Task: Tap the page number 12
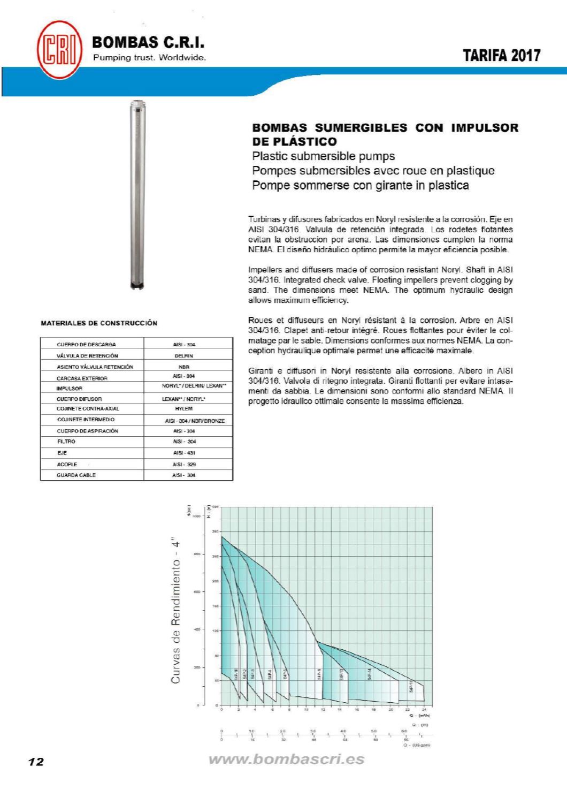click(36, 762)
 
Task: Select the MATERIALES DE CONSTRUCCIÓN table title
click(99, 323)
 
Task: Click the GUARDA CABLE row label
click(76, 475)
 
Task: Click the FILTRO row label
click(66, 442)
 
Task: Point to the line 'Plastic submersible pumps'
click(323, 156)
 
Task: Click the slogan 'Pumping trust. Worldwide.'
click(149, 58)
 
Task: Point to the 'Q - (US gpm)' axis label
click(420, 744)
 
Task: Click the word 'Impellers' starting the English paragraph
click(264, 270)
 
